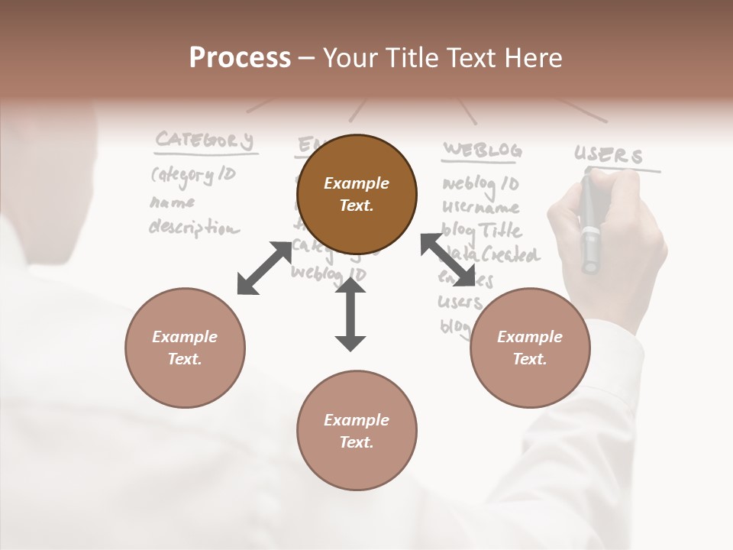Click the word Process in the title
click(x=240, y=58)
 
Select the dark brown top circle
click(x=357, y=195)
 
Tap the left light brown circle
click(x=185, y=348)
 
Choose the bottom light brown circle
click(x=357, y=431)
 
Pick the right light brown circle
click(x=529, y=348)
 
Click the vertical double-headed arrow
click(x=350, y=314)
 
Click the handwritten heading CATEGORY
click(x=204, y=141)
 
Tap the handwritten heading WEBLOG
click(x=482, y=150)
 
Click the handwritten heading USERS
click(x=609, y=155)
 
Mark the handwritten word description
click(x=193, y=228)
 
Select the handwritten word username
click(x=481, y=207)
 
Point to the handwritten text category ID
click(x=193, y=176)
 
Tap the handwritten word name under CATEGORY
click(x=172, y=202)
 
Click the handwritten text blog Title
click(x=482, y=230)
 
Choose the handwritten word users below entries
click(x=460, y=302)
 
